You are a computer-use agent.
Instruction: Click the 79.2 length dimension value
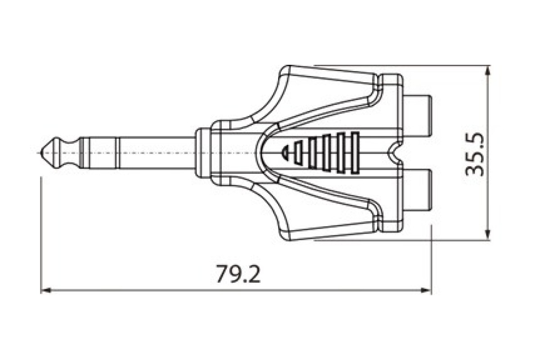[238, 274]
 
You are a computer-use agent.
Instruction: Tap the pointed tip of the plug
[40, 153]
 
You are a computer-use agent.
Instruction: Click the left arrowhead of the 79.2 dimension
[46, 291]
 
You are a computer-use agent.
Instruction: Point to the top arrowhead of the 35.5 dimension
[487, 72]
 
